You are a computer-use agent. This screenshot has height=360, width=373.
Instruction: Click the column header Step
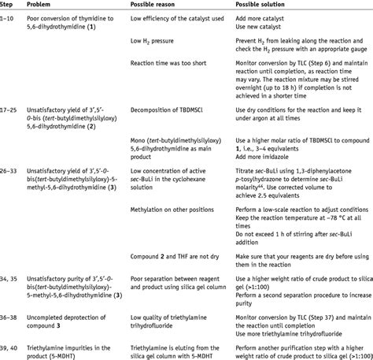10,6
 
